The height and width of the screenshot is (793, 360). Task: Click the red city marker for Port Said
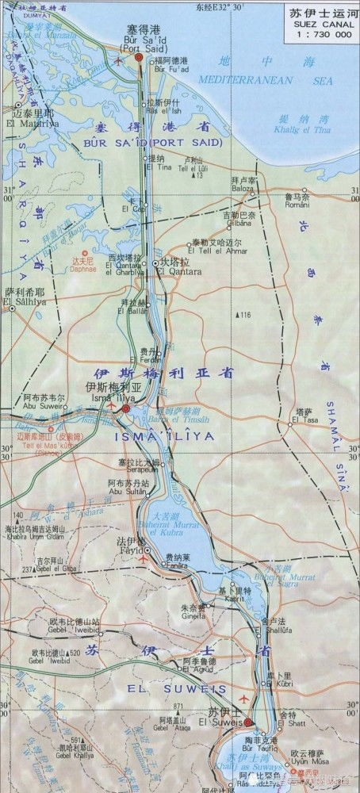[139, 57]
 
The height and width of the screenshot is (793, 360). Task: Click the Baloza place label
[243, 189]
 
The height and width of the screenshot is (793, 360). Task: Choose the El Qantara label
[174, 272]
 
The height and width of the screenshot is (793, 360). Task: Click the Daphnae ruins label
[83, 268]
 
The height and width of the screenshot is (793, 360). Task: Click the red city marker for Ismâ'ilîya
[125, 408]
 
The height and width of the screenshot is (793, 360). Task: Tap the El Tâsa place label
[304, 419]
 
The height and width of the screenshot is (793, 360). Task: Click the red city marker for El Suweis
[247, 722]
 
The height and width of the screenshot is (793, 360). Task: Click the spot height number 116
[243, 316]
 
